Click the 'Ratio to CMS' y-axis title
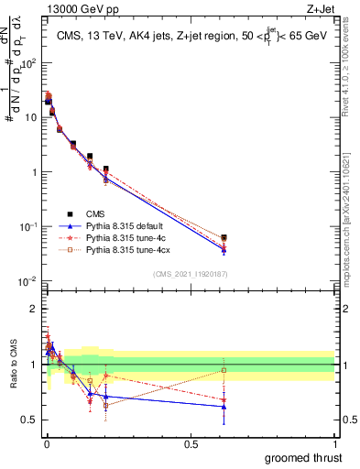tap(14, 366)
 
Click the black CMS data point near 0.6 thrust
tap(224, 238)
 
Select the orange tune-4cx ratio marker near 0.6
tap(224, 370)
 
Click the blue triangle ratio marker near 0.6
tap(224, 407)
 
